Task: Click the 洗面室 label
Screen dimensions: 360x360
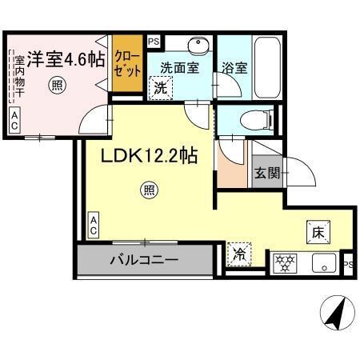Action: point(179,68)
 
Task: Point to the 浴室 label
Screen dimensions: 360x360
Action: point(235,69)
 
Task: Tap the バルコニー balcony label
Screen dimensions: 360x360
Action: point(144,260)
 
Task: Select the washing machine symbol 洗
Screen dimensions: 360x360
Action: point(160,87)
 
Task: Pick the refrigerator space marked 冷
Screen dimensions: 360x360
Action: point(238,255)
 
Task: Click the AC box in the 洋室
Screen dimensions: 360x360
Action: point(14,121)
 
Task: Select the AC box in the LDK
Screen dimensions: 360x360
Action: point(94,225)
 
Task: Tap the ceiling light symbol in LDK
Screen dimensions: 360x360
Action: point(148,190)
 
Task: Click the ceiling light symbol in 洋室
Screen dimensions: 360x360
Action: point(56,82)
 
